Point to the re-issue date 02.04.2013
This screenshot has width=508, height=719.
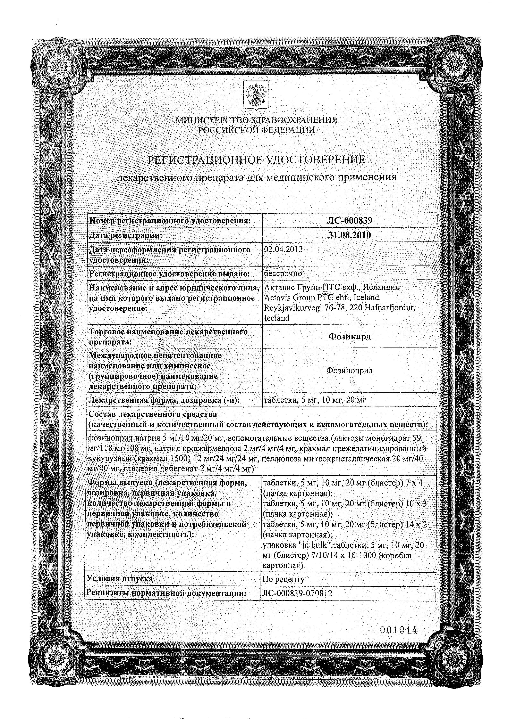coord(283,249)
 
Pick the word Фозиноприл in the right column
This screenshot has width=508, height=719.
coord(349,371)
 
